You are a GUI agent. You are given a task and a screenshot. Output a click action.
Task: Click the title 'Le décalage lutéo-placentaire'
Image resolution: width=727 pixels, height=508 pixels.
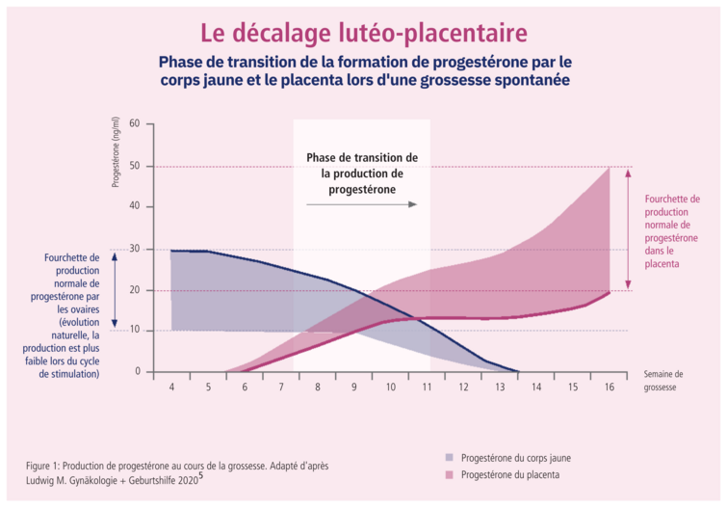click(x=364, y=32)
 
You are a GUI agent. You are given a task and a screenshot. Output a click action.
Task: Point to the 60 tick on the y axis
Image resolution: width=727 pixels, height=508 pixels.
click(x=135, y=124)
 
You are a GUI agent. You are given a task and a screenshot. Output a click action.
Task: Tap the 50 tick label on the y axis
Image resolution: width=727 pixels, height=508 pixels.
click(x=135, y=166)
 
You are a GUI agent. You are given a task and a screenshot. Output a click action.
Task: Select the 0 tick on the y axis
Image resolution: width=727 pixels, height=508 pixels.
click(x=138, y=371)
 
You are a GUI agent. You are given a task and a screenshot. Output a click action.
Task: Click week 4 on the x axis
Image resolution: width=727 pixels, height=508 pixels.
click(x=171, y=386)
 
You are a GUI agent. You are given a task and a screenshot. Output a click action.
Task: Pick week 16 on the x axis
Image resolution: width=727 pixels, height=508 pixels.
click(x=609, y=386)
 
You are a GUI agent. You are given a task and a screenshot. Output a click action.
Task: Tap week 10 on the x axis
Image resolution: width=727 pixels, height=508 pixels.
click(x=390, y=386)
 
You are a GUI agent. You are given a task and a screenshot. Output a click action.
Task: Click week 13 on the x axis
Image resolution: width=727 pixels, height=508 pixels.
click(x=500, y=386)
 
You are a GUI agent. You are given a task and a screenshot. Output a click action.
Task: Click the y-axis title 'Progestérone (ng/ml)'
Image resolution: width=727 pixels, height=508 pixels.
click(x=116, y=151)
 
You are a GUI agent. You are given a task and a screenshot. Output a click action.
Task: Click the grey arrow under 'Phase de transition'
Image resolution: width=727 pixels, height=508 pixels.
click(x=361, y=204)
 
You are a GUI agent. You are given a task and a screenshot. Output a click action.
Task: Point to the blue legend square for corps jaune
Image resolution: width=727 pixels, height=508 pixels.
click(x=450, y=457)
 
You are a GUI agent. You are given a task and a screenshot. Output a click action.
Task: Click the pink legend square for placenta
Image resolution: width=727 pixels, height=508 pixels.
click(x=450, y=475)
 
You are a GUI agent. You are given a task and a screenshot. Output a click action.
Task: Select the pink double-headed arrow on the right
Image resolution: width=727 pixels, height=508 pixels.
click(x=628, y=228)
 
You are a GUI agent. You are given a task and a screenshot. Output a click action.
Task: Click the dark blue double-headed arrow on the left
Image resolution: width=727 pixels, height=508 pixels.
click(x=115, y=289)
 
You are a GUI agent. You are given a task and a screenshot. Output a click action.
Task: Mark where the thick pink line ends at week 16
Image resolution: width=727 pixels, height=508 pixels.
click(x=610, y=292)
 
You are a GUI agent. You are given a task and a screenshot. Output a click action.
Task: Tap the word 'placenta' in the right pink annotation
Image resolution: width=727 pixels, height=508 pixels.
click(x=662, y=263)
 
